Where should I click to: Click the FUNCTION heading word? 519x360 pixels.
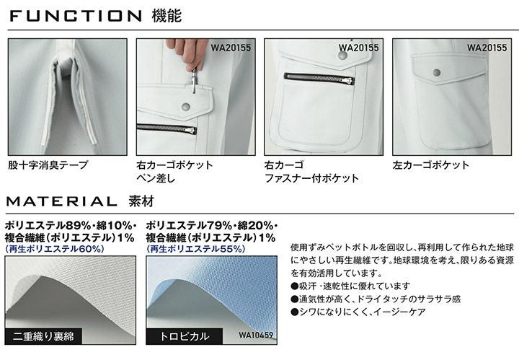tap(76, 16)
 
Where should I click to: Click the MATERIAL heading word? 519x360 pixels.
tap(62, 201)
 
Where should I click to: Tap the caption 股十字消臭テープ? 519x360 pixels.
tap(48, 164)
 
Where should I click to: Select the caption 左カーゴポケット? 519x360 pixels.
tap(431, 164)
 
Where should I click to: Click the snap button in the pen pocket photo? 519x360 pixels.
tap(186, 107)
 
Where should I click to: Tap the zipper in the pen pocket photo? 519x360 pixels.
tap(167, 129)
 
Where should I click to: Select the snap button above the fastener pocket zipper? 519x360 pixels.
tap(343, 56)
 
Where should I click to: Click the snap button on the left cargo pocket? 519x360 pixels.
tap(437, 73)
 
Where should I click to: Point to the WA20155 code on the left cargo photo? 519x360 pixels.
tap(487, 48)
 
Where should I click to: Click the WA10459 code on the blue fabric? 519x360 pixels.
tap(256, 335)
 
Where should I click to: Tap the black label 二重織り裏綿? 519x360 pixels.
tap(43, 336)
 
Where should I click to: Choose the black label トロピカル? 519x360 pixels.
tap(185, 336)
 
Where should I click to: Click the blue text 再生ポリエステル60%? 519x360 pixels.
tap(55, 249)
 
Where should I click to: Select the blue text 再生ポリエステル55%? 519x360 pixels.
tap(195, 249)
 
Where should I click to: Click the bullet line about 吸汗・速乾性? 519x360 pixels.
tap(350, 286)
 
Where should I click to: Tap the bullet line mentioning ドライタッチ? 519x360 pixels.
tap(376, 299)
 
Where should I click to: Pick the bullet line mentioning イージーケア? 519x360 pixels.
tap(358, 312)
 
